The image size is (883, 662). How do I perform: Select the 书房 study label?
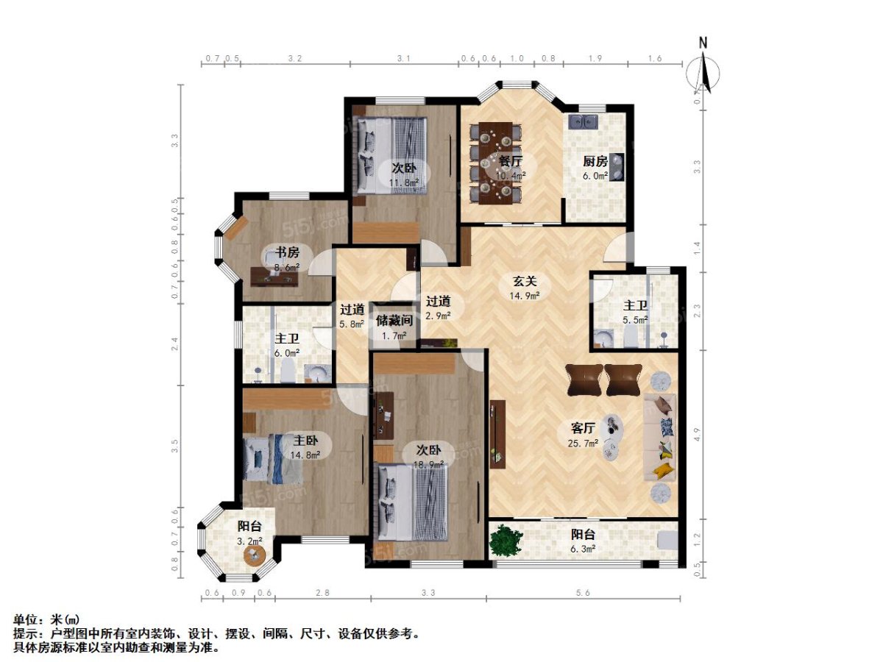pyautogui.click(x=277, y=251)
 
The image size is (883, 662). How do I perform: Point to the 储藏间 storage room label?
pyautogui.click(x=394, y=321)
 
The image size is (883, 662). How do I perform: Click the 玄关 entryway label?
pyautogui.click(x=525, y=281)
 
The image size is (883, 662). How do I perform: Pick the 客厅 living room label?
pyautogui.click(x=584, y=427)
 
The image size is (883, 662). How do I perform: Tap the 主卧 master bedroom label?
pyautogui.click(x=306, y=441)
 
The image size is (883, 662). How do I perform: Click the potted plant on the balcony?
pyautogui.click(x=506, y=541)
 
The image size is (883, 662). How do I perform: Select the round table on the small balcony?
pyautogui.click(x=255, y=557)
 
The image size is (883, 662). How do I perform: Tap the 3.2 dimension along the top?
pyautogui.click(x=294, y=57)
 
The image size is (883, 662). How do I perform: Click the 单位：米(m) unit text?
pyautogui.click(x=45, y=619)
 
